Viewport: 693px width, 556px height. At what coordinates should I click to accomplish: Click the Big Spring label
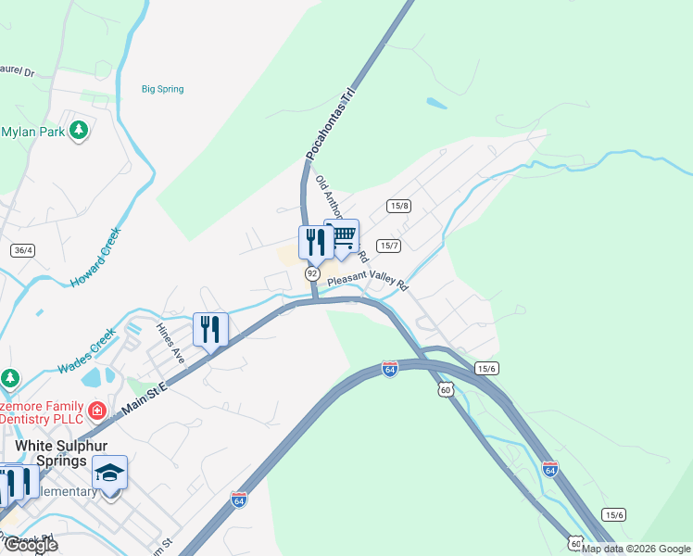(x=162, y=89)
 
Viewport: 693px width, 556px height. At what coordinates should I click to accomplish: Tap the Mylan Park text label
(x=33, y=132)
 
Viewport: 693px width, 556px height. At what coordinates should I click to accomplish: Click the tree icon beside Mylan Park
(x=80, y=129)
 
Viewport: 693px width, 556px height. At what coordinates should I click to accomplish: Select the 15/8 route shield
(x=399, y=206)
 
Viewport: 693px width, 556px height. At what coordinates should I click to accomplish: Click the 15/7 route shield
(x=388, y=246)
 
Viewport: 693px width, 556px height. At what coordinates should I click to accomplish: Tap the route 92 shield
(x=312, y=274)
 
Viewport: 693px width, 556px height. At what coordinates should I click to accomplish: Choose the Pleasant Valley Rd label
(x=368, y=283)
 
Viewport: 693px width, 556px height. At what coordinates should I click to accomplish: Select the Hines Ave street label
(x=167, y=339)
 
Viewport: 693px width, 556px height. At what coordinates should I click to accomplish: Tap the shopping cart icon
(x=342, y=236)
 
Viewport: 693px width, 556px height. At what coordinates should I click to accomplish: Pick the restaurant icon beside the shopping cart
(x=315, y=243)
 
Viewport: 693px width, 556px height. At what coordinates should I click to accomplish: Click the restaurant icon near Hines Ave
(x=210, y=329)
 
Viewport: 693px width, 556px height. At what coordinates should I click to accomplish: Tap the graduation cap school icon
(x=109, y=473)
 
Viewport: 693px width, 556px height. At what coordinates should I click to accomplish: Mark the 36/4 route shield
(x=23, y=250)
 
